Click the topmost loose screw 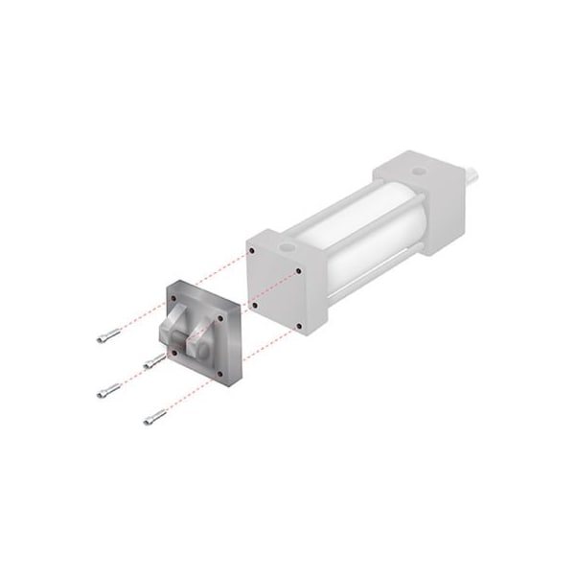pyautogui.click(x=108, y=335)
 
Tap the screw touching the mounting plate pyautogui.click(x=153, y=360)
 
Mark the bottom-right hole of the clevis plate pyautogui.click(x=222, y=374)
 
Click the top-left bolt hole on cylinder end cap pyautogui.click(x=251, y=251)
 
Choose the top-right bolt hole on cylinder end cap pyautogui.click(x=299, y=270)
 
